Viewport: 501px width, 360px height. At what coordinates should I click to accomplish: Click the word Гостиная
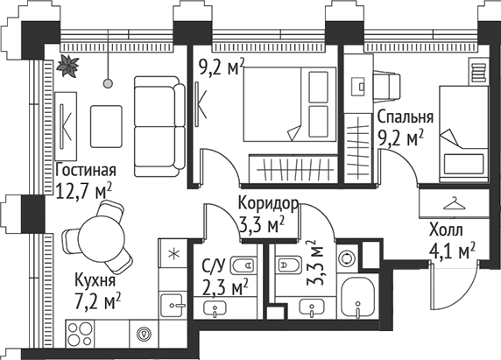[x=85, y=170]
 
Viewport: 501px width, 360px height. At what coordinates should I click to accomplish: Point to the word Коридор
[x=269, y=205]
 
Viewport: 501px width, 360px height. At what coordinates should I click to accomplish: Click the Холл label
[x=447, y=232]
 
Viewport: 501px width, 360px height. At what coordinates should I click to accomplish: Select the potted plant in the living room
[x=67, y=65]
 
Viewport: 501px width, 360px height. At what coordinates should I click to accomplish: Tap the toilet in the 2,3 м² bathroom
[x=246, y=264]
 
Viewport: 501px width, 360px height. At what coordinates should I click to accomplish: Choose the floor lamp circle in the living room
[x=109, y=83]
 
